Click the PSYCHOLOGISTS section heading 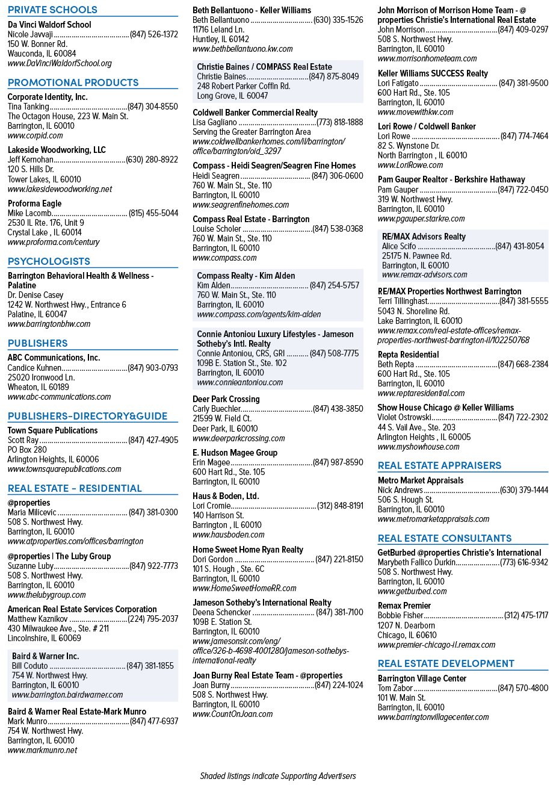pos(49,261)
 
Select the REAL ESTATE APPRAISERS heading pos(439,465)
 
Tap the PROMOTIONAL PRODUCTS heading pos(73,82)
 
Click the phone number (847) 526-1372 pos(154,34)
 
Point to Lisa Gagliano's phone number pos(340,122)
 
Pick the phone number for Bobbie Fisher pos(526,615)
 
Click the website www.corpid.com pos(35,135)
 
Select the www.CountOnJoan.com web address pos(233,714)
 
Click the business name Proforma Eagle pos(35,203)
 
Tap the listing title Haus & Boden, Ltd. pos(226,496)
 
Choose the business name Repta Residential pos(408,355)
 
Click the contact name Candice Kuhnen pos(34,368)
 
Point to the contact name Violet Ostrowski pos(404,417)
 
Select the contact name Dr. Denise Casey pos(36,295)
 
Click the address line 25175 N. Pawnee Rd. pos(416,256)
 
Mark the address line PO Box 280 pos(27,450)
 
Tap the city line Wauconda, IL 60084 pos(42,54)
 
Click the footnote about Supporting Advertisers pos(278,776)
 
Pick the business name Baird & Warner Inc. pos(45,656)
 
